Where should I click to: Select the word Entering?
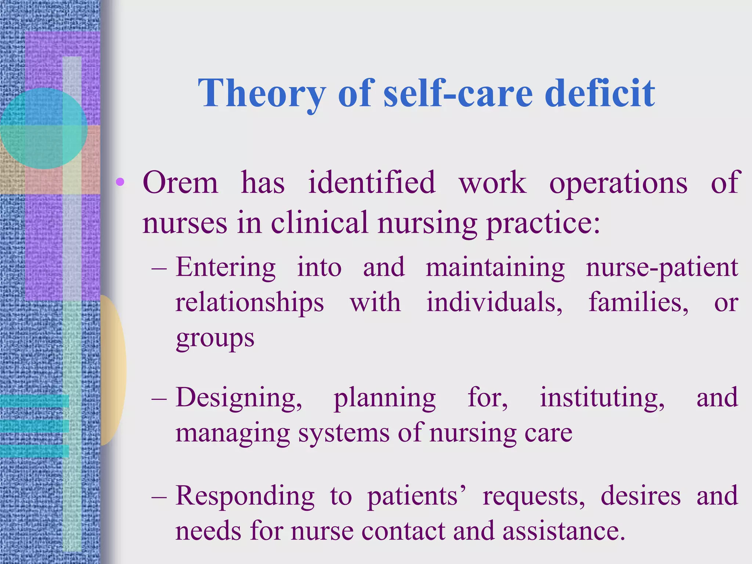pyautogui.click(x=225, y=268)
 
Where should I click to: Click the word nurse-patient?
pyautogui.click(x=662, y=268)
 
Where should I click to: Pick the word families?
pyautogui.click(x=639, y=303)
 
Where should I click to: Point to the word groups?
pyautogui.click(x=215, y=339)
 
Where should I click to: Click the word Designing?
pyautogui.click(x=239, y=398)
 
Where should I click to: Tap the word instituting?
pyautogui.click(x=602, y=398)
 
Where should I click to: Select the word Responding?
pyautogui.click(x=245, y=496)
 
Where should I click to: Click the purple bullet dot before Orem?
pyautogui.click(x=120, y=182)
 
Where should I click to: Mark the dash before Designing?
pyautogui.click(x=159, y=398)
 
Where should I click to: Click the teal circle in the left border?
pyautogui.click(x=43, y=128)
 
